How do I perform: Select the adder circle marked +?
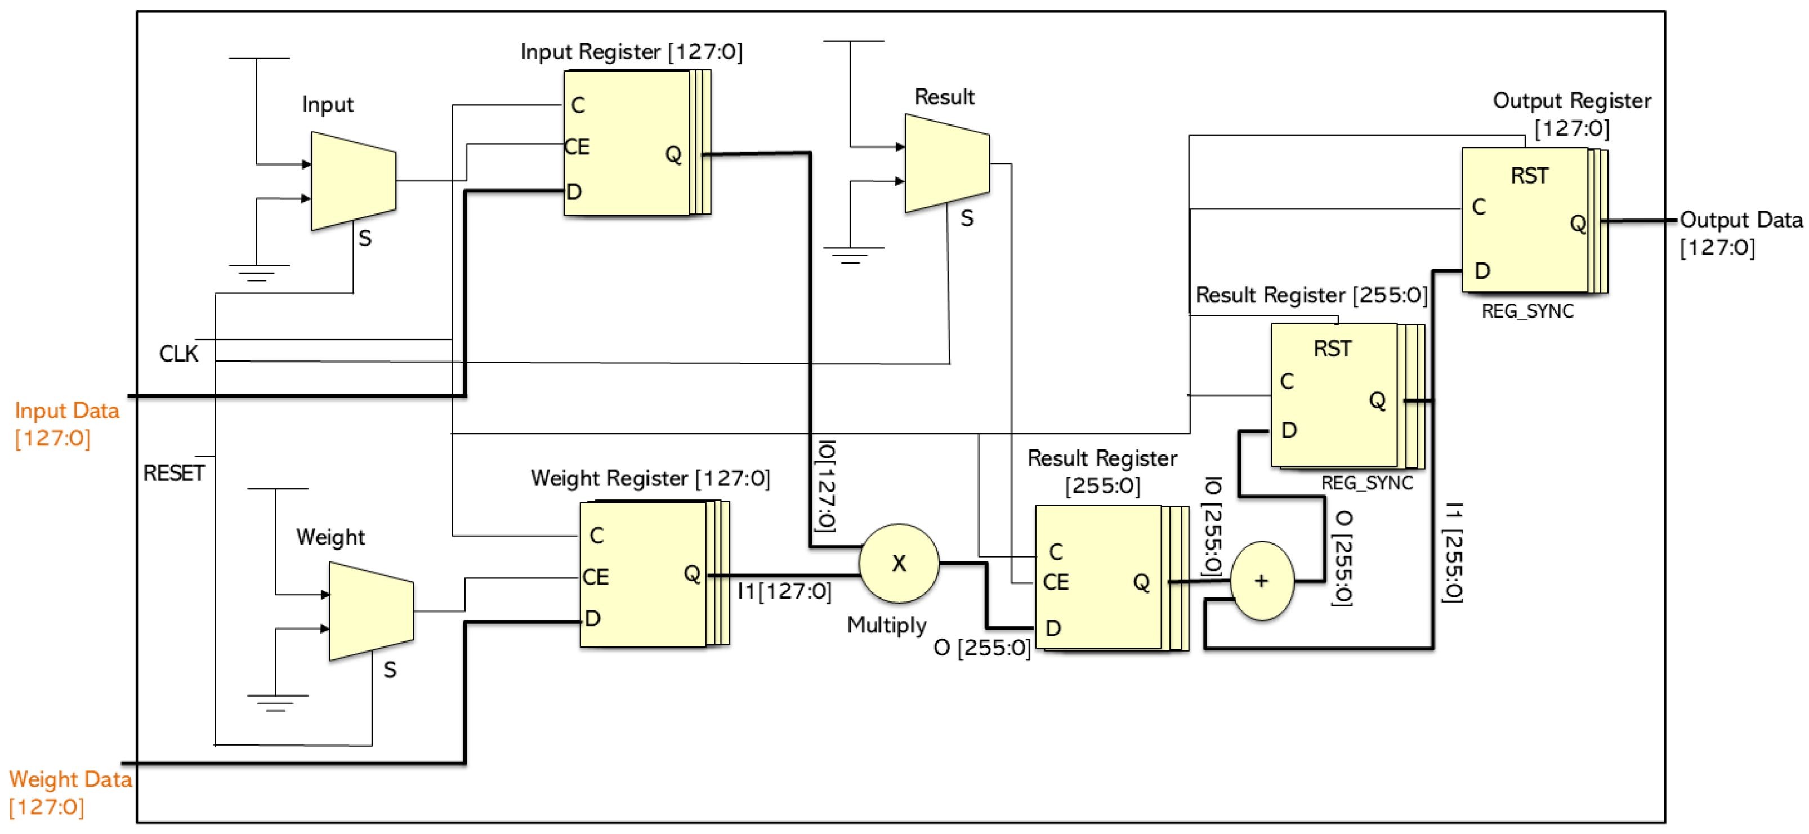(x=1261, y=581)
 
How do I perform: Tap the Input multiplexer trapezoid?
(x=353, y=181)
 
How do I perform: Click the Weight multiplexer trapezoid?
(x=371, y=610)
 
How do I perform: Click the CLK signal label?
(x=178, y=354)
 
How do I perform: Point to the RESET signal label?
(x=173, y=473)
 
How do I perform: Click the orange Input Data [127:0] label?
(x=66, y=423)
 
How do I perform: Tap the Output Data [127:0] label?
(x=1740, y=233)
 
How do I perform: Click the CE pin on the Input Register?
(x=577, y=147)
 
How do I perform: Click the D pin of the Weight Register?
(x=593, y=618)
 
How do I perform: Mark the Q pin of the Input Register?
(x=673, y=154)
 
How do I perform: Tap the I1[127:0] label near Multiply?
(x=784, y=591)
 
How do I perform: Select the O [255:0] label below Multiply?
(x=982, y=647)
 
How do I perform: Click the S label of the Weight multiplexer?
(x=390, y=670)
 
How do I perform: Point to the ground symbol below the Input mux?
(x=258, y=273)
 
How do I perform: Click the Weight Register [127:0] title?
(x=650, y=479)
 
